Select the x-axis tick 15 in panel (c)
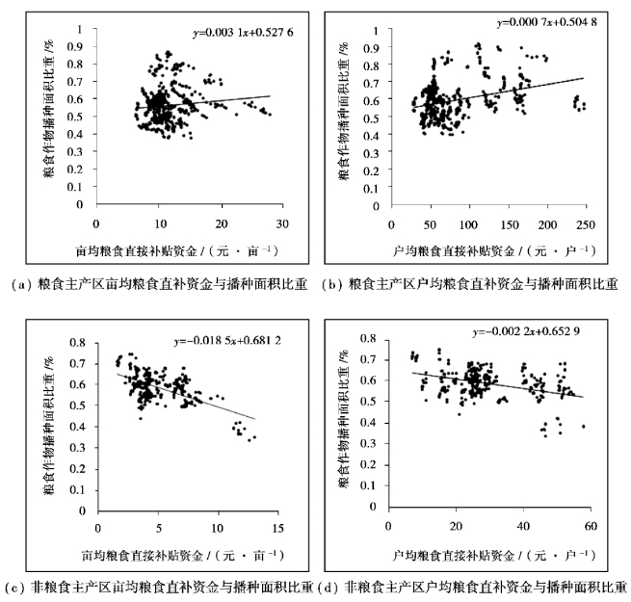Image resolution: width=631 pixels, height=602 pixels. (x=277, y=529)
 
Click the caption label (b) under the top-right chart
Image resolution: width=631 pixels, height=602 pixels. (x=331, y=284)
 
